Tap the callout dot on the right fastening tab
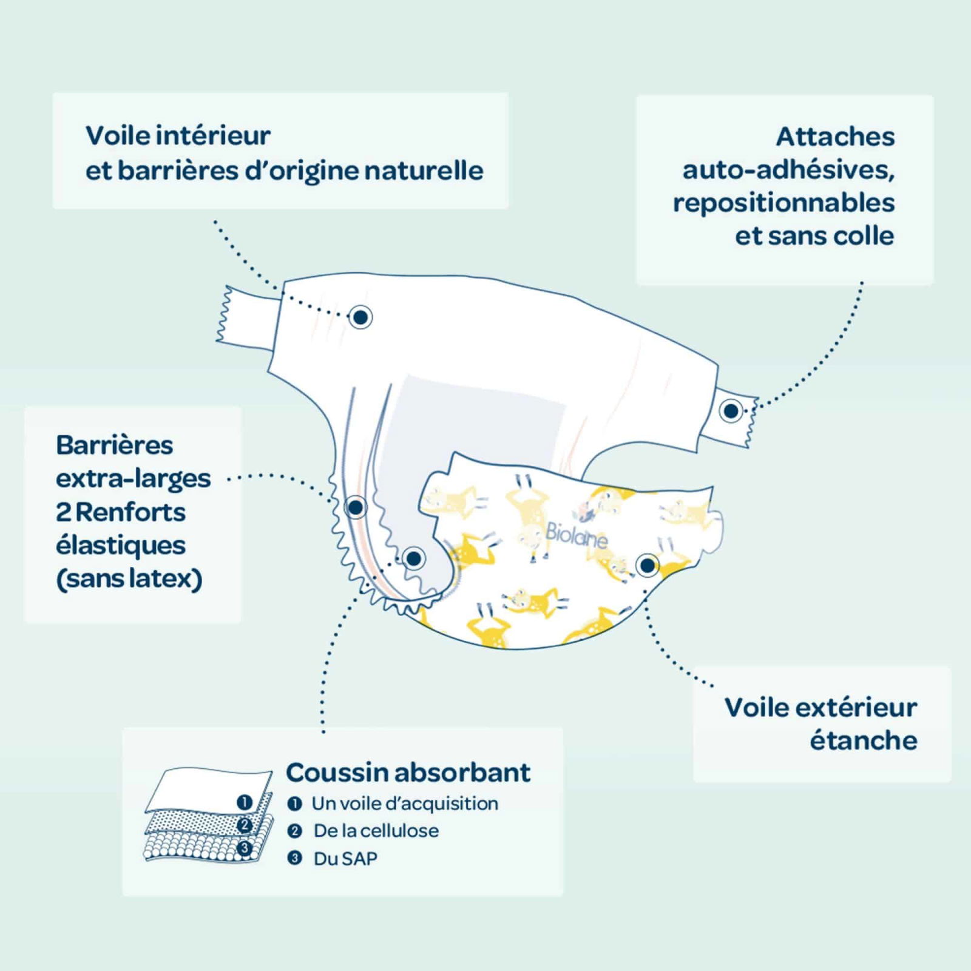pyautogui.click(x=731, y=411)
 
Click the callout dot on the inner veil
pyautogui.click(x=360, y=317)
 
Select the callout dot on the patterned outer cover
pyautogui.click(x=647, y=566)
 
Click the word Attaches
pyautogui.click(x=835, y=137)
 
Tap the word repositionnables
pyautogui.click(x=783, y=203)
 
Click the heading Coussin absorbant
pyautogui.click(x=408, y=773)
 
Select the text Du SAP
pyautogui.click(x=345, y=859)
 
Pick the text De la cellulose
pyautogui.click(x=376, y=831)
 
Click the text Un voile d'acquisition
pyautogui.click(x=405, y=804)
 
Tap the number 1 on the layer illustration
pyautogui.click(x=245, y=803)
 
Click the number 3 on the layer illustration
pyautogui.click(x=245, y=848)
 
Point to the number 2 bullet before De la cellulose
pyautogui.click(x=294, y=831)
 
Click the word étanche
pyautogui.click(x=863, y=740)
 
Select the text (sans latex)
pyautogui.click(x=129, y=578)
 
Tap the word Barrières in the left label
pyautogui.click(x=115, y=445)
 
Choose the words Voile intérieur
pyautogui.click(x=178, y=135)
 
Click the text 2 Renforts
pyautogui.click(x=121, y=512)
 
